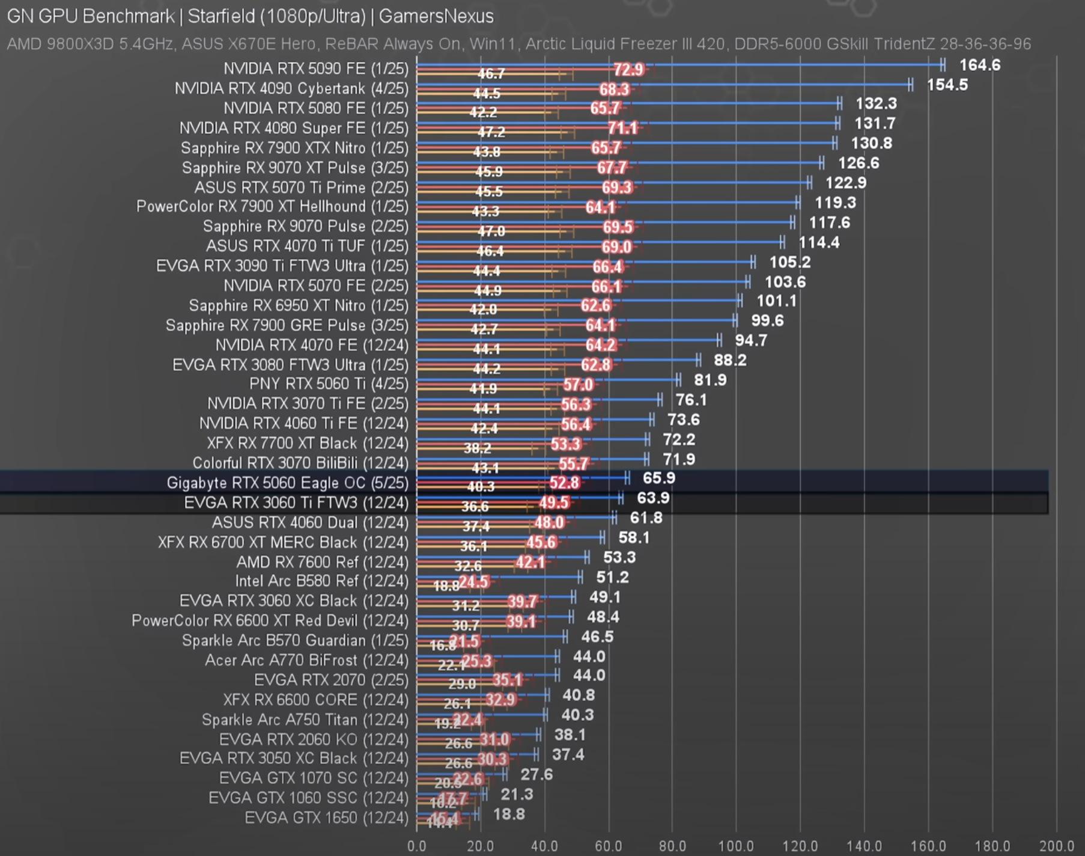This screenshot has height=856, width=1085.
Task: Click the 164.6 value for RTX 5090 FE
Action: tap(979, 65)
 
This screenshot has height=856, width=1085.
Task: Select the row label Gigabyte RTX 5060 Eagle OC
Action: tap(287, 483)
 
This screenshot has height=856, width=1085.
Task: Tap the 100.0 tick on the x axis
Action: tap(736, 846)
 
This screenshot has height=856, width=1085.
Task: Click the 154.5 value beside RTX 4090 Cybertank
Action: tap(947, 85)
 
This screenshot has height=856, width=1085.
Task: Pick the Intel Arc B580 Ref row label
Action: tap(321, 581)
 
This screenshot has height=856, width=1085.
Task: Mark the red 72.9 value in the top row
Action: tap(628, 70)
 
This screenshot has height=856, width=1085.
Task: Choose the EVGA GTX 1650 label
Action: tap(326, 818)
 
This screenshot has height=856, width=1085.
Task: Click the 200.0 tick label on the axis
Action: tap(1056, 846)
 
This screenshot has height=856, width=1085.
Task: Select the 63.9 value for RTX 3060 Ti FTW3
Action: tap(653, 498)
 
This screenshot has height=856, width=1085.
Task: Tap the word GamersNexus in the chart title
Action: tap(436, 16)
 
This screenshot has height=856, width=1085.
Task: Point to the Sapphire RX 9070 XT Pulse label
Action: tap(295, 168)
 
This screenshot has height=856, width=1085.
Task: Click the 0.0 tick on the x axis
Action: tap(416, 846)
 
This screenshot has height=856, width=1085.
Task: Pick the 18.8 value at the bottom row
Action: tap(509, 815)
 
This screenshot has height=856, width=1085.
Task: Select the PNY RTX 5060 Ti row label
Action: tap(329, 384)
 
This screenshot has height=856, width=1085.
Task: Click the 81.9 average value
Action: tap(710, 380)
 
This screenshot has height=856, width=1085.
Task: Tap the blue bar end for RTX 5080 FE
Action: tap(839, 104)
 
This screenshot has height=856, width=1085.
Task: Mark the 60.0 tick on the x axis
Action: tap(608, 846)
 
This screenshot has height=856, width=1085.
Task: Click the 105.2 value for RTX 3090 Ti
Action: tap(789, 262)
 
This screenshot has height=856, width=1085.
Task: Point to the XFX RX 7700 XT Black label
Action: tap(307, 444)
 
